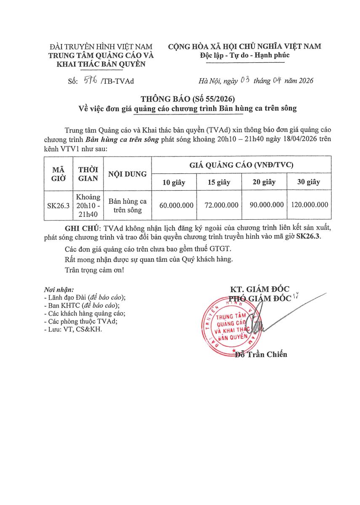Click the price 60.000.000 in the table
[176, 205]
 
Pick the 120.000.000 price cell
[309, 205]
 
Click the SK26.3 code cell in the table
[59, 205]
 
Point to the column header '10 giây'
[174, 182]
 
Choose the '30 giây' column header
[309, 182]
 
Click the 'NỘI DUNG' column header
[128, 174]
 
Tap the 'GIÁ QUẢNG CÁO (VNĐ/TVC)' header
[241, 165]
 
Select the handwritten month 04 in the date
[277, 80]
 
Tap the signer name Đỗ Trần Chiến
[261, 354]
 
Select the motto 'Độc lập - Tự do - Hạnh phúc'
[245, 55]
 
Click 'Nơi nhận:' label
[59, 290]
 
